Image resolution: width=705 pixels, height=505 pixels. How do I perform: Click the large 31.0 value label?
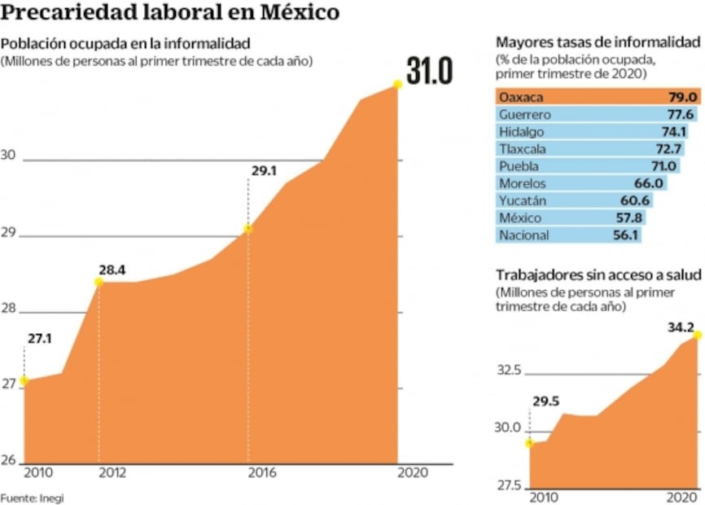(429, 72)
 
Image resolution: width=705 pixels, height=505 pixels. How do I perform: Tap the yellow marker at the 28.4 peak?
(99, 282)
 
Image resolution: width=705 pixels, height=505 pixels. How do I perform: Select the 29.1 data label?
(261, 172)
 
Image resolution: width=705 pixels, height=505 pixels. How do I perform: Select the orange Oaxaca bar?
(598, 97)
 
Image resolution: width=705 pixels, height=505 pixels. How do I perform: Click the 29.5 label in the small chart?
(547, 401)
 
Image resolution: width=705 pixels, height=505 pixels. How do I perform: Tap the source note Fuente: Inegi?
(32, 498)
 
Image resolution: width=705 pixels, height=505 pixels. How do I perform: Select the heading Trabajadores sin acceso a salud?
(598, 275)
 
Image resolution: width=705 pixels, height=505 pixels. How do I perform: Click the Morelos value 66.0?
(648, 183)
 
